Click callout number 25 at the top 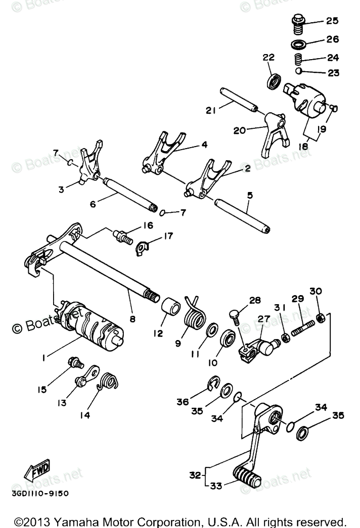click(x=332, y=21)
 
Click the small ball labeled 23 click(x=299, y=72)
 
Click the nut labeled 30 click(x=319, y=318)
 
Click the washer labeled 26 click(x=300, y=43)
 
